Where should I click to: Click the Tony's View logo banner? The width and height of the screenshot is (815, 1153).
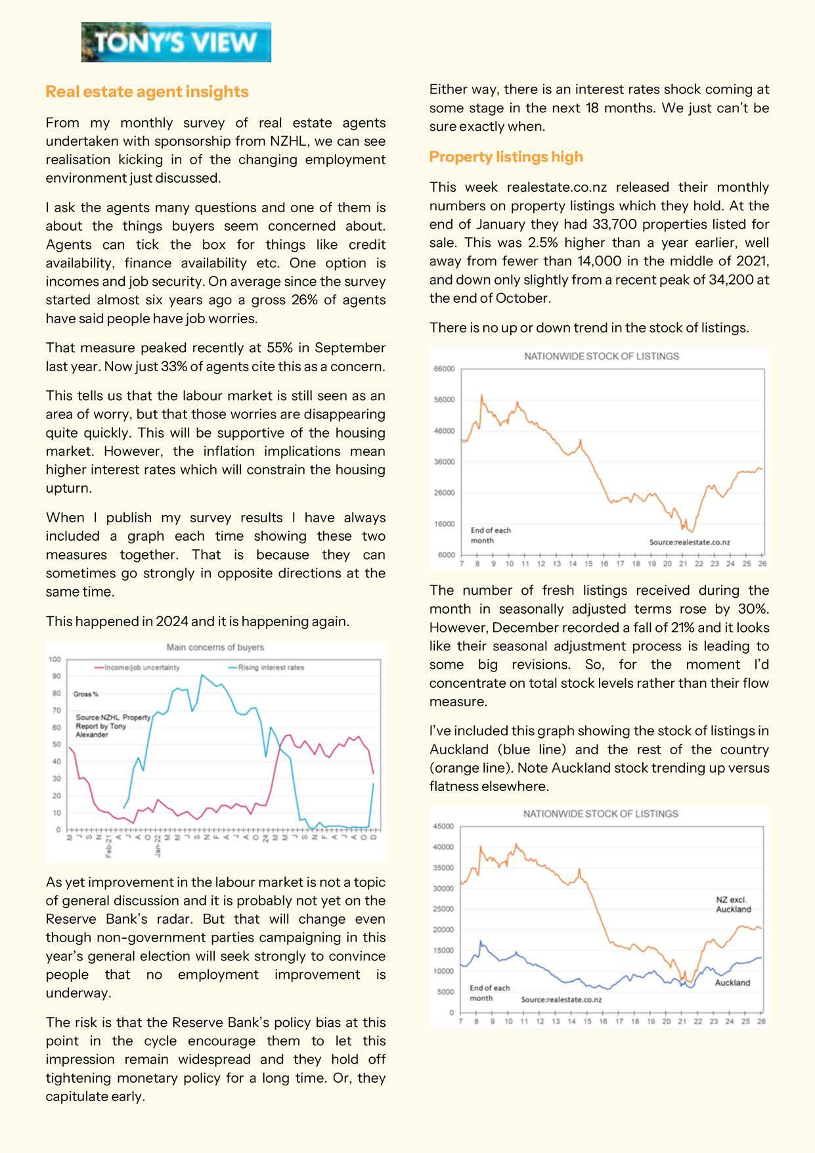coord(176,42)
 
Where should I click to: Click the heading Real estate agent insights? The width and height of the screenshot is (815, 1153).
coord(147,92)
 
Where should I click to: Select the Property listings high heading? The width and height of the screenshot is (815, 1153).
coord(506,157)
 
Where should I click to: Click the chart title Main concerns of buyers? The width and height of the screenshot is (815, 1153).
coord(215,647)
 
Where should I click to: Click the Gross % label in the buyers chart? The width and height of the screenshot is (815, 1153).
coord(85,694)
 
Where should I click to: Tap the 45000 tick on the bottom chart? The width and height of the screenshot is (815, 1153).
coord(443,826)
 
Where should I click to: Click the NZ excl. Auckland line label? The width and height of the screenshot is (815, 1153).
coord(733,905)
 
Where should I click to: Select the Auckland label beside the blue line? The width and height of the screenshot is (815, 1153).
coord(732,983)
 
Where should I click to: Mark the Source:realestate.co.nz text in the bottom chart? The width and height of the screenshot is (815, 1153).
coord(561,999)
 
